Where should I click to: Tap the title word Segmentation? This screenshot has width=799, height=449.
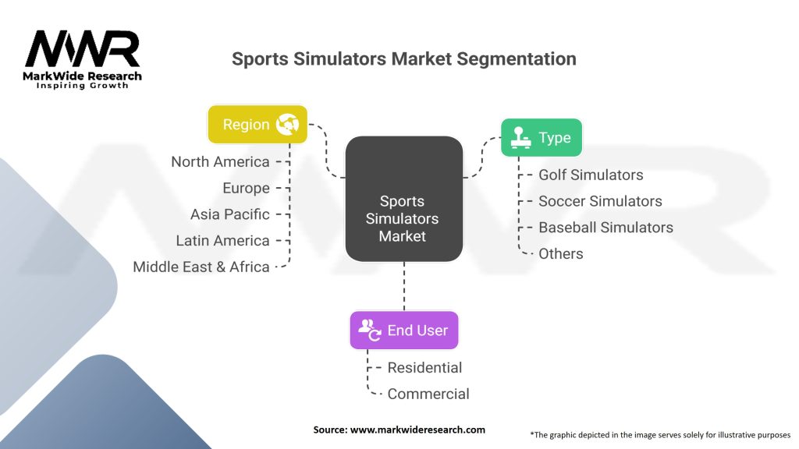pyautogui.click(x=517, y=59)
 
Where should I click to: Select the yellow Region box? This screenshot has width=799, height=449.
pyautogui.click(x=257, y=124)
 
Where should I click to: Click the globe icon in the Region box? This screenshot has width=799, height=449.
pyautogui.click(x=287, y=124)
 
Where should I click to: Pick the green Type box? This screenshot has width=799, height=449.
pyautogui.click(x=542, y=137)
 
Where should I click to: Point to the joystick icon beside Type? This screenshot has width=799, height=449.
pyautogui.click(x=520, y=137)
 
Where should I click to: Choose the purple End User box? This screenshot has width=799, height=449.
pyautogui.click(x=404, y=330)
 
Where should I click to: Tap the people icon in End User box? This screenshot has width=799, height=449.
pyautogui.click(x=370, y=330)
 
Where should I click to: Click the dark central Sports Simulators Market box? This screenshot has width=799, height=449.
pyautogui.click(x=404, y=199)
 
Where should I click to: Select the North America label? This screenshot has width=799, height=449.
pyautogui.click(x=220, y=162)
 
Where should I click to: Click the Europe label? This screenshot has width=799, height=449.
pyautogui.click(x=246, y=189)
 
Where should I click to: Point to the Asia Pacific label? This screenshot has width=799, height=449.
pyautogui.click(x=230, y=214)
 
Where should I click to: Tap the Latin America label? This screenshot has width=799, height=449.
pyautogui.click(x=222, y=241)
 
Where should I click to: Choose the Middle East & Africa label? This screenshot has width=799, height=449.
pyautogui.click(x=201, y=267)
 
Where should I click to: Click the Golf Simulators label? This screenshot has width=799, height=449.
pyautogui.click(x=591, y=175)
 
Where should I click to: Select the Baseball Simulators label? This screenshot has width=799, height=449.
pyautogui.click(x=605, y=228)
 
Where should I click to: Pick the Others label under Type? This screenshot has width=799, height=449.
pyautogui.click(x=561, y=253)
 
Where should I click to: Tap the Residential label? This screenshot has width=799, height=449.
pyautogui.click(x=424, y=368)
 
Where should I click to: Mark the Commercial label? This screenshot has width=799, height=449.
pyautogui.click(x=428, y=394)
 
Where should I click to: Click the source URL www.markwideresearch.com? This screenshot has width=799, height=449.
pyautogui.click(x=418, y=430)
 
